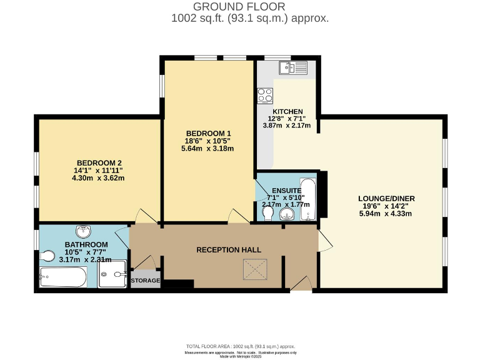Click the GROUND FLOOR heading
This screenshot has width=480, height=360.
[240, 6]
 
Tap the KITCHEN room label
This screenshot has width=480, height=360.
[287, 111]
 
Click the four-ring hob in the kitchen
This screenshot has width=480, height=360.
[265, 96]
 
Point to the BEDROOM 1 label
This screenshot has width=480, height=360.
[208, 133]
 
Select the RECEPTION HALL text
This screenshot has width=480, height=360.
[229, 250]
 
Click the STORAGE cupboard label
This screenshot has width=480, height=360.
[146, 281]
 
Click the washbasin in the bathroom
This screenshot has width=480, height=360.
[84, 230]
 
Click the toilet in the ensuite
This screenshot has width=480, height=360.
[268, 214]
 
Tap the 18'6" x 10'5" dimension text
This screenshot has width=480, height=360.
[208, 141]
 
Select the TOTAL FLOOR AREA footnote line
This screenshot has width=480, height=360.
[240, 346]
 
